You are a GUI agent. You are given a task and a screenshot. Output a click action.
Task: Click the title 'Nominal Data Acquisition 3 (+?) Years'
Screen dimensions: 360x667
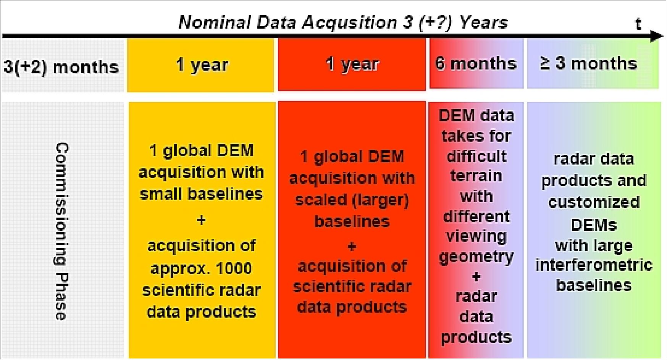(343, 23)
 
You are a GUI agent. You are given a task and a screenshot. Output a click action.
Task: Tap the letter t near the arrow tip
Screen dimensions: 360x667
(638, 24)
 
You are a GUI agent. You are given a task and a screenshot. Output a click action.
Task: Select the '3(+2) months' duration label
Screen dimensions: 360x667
(61, 67)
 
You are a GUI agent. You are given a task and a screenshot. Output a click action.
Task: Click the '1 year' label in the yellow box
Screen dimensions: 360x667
(202, 65)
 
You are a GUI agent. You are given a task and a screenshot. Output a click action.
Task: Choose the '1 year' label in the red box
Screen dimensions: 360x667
(352, 64)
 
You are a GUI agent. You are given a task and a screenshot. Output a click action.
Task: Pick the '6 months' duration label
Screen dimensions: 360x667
(476, 63)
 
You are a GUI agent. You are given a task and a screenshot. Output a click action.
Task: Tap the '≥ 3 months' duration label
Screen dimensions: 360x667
(588, 63)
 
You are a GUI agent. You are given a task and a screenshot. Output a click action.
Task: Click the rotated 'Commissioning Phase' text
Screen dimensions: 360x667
(61, 231)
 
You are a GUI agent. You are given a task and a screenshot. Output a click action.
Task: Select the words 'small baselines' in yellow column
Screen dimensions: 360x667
(201, 194)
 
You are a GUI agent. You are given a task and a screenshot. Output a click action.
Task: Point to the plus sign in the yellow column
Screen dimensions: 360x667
(201, 220)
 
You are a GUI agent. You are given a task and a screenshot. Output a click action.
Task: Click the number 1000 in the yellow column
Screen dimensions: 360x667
(233, 268)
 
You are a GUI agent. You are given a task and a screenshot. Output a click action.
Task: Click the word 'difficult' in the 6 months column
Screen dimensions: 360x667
(476, 157)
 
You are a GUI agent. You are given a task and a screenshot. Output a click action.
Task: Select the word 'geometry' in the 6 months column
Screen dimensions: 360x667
(476, 257)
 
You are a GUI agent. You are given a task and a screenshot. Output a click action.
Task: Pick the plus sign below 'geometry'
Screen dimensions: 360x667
(476, 276)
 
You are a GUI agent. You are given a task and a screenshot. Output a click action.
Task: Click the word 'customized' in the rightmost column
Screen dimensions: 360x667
(594, 202)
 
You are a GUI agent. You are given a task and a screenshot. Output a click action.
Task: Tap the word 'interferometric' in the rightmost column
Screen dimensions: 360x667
(594, 265)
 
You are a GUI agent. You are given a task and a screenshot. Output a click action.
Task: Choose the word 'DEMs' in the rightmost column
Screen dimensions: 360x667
(594, 225)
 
